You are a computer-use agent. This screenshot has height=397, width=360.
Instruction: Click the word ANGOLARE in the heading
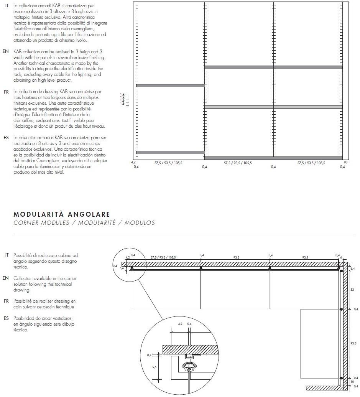(88, 214)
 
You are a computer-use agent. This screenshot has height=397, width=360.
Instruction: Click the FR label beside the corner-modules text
(6, 301)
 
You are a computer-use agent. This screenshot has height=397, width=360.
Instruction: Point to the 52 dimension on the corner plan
(352, 290)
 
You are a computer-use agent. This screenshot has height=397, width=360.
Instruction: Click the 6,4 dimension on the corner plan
(353, 269)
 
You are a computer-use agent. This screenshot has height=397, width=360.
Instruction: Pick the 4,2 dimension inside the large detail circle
(180, 324)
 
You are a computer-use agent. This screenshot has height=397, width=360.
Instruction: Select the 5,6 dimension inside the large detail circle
(154, 367)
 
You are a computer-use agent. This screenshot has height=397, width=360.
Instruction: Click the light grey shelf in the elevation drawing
(273, 107)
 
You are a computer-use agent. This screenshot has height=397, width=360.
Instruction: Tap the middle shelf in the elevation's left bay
(170, 86)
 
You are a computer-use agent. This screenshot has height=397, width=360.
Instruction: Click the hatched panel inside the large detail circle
(191, 349)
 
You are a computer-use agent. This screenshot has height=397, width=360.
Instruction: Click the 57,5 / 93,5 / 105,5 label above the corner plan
(163, 257)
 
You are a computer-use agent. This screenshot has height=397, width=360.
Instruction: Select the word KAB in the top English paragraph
(18, 51)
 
